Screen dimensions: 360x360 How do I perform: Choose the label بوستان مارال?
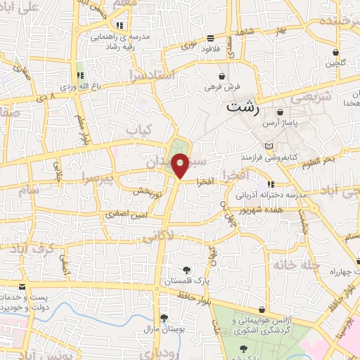point(164,328)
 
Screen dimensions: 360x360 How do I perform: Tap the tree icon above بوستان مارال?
point(163,317)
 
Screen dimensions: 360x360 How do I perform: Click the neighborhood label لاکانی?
point(158,238)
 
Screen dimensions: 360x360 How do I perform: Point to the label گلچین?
point(335,64)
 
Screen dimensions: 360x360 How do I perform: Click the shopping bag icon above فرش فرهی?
point(222,75)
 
